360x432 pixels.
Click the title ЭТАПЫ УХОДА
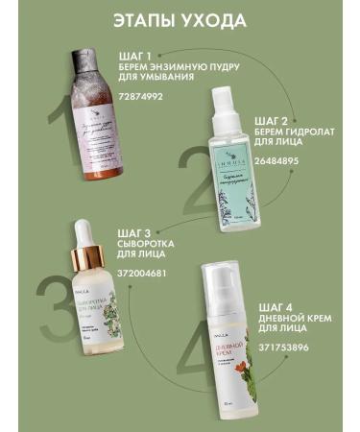(x=180, y=20)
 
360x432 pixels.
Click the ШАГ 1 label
(x=136, y=55)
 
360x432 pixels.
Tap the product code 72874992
(x=139, y=97)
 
